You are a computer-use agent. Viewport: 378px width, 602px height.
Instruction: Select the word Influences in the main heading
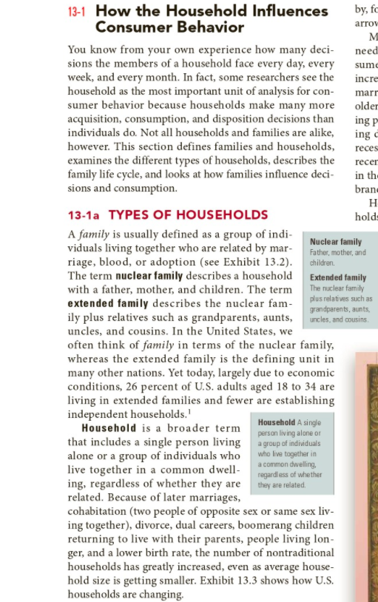click(x=291, y=11)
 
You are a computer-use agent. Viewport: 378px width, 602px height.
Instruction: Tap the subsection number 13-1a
click(x=85, y=215)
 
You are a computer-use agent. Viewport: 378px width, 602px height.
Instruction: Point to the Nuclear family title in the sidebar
click(x=336, y=242)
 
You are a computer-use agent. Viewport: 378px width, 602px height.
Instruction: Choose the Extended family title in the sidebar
click(x=338, y=277)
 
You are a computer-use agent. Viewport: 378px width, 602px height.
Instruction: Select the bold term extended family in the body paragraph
click(x=107, y=303)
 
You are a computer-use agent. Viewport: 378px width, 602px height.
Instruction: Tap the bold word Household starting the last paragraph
click(x=109, y=428)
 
